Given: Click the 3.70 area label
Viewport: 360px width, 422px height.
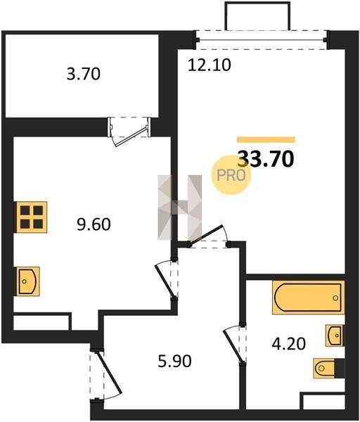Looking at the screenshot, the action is tap(84, 74).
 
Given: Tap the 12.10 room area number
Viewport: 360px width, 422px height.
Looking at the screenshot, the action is tap(209, 65).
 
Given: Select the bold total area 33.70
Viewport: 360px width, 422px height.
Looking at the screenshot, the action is tap(266, 159).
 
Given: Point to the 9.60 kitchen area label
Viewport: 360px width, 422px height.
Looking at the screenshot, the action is tap(94, 224).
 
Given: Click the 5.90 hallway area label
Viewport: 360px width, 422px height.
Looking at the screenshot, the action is tap(174, 361).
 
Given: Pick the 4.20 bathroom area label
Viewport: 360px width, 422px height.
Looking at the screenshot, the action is tap(288, 344).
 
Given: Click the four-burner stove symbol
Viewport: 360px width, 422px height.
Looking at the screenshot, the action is tap(32, 217).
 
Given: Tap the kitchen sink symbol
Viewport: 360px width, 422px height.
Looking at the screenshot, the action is tap(28, 281).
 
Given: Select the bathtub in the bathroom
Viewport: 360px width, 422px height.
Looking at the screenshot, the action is tap(309, 297).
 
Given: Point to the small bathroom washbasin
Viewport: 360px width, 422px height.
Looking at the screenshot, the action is tap(335, 335).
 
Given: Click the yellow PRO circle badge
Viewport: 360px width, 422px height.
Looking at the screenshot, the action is tap(231, 175).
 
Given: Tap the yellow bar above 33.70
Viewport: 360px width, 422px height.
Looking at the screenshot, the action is tap(266, 139).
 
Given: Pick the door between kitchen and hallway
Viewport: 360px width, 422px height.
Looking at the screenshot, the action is tap(165, 281).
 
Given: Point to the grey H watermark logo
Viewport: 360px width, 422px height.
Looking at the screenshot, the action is tap(179, 207).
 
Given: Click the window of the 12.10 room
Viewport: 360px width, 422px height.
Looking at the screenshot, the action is tap(262, 40).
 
